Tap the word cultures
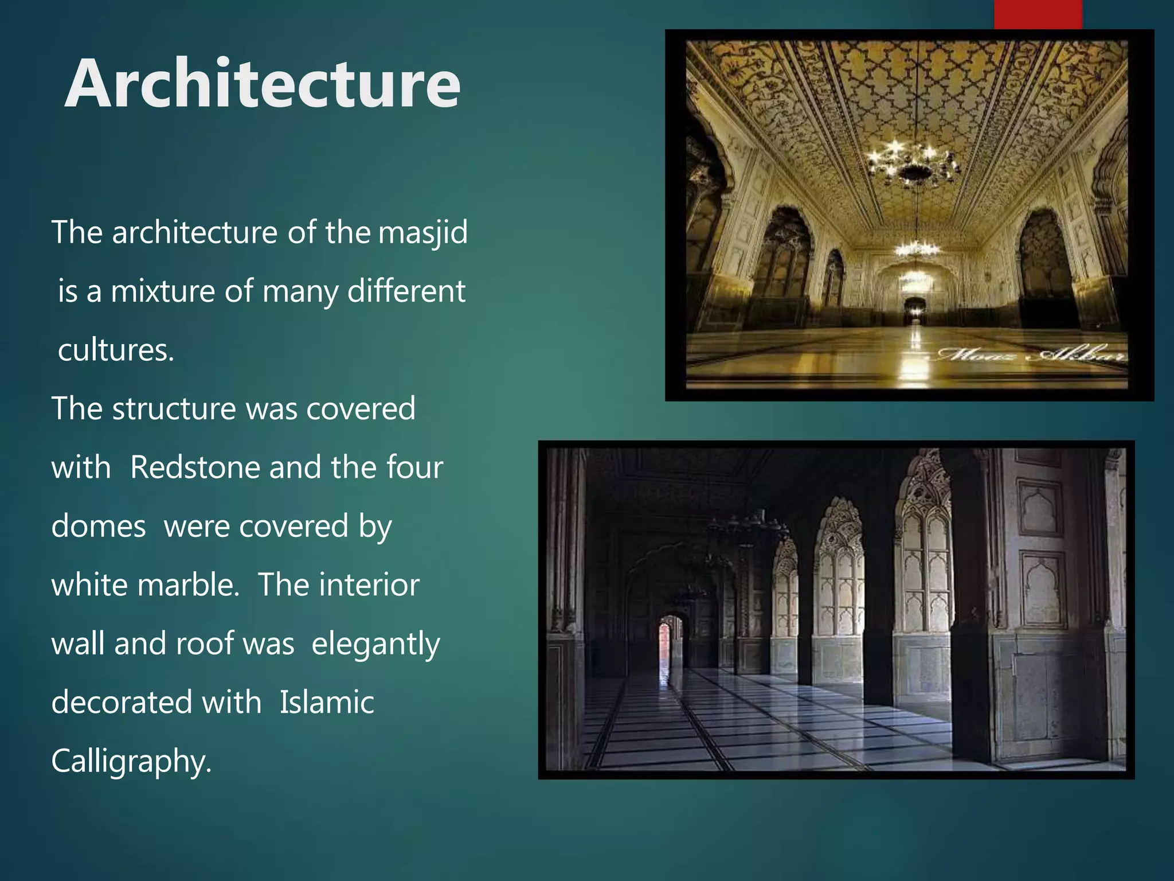point(116,350)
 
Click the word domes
point(99,527)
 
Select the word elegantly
point(375,645)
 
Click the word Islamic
point(327,703)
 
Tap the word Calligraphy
point(131,762)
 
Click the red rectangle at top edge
point(1038,14)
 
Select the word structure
point(174,409)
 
